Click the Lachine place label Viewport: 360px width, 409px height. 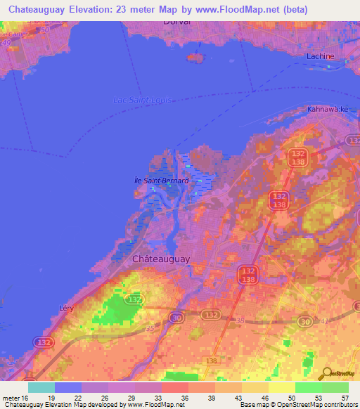coord(320,56)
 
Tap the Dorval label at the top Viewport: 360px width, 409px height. coord(176,22)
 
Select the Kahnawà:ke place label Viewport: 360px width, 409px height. coord(328,110)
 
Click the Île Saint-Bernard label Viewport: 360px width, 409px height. coord(161,181)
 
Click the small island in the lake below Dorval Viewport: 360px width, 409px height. coord(195,58)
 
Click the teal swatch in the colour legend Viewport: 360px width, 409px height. coord(41,387)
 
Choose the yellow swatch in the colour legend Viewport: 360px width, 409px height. coord(281,387)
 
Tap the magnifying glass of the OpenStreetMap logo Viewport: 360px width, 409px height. coord(326,374)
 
